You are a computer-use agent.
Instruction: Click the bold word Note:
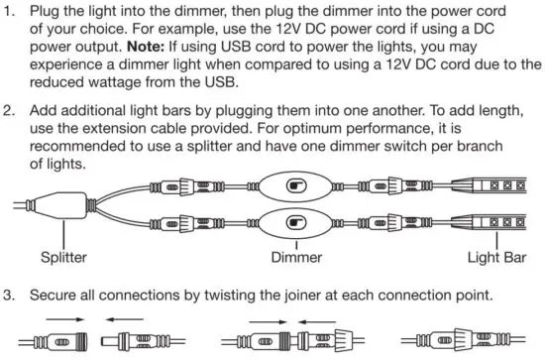[176, 48]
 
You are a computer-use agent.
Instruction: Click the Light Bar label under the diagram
[496, 260]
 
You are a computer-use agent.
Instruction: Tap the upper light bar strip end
[505, 185]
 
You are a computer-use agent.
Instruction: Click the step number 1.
[11, 12]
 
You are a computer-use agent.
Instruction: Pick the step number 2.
[11, 105]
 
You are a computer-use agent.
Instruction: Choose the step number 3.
[11, 295]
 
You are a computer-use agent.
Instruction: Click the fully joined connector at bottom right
[473, 342]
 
